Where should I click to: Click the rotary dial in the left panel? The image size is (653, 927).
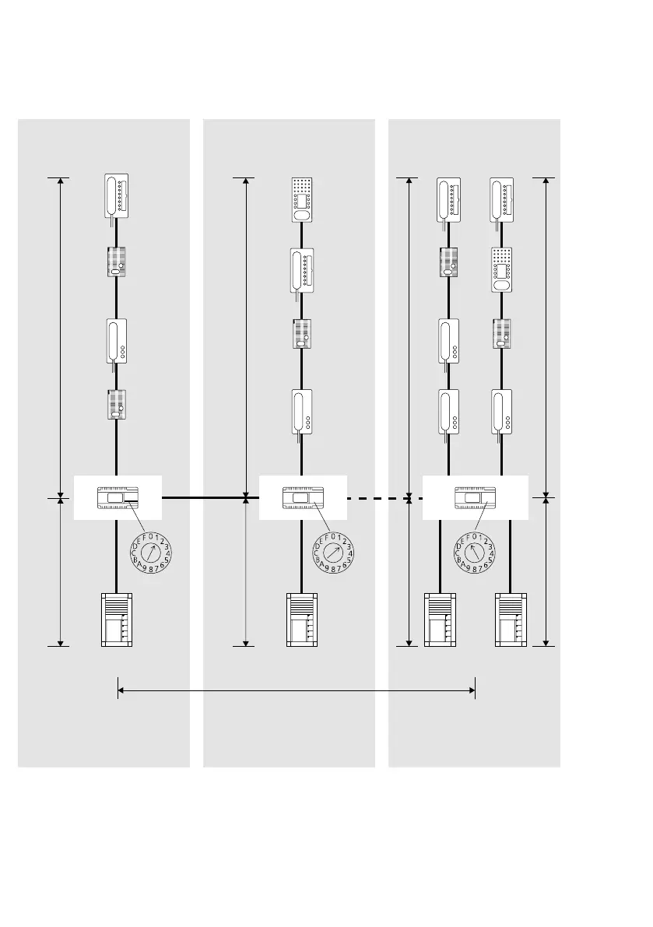pyautogui.click(x=150, y=553)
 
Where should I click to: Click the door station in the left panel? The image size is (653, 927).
pyautogui.click(x=117, y=620)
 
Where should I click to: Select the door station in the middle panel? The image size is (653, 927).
pyautogui.click(x=302, y=620)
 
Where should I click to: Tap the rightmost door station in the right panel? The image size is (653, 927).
pyautogui.click(x=511, y=620)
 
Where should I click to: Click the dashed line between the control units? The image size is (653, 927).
pyautogui.click(x=377, y=497)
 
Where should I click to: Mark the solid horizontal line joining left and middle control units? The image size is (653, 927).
pyautogui.click(x=202, y=497)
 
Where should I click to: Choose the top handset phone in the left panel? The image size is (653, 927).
pyautogui.click(x=117, y=197)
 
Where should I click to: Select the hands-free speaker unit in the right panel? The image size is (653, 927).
pyautogui.click(x=502, y=269)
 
